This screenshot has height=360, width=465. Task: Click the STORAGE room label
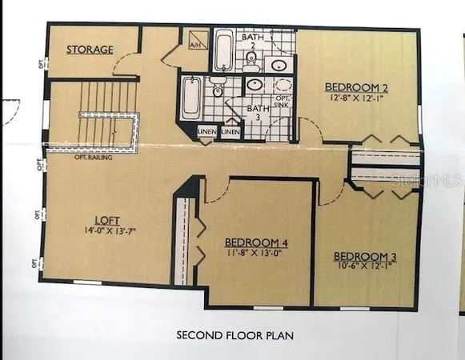[89, 50]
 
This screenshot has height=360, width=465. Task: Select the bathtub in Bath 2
[224, 50]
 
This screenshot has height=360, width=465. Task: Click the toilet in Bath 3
[215, 87]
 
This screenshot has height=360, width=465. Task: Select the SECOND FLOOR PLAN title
[235, 334]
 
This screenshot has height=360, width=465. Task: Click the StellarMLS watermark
[429, 183]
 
